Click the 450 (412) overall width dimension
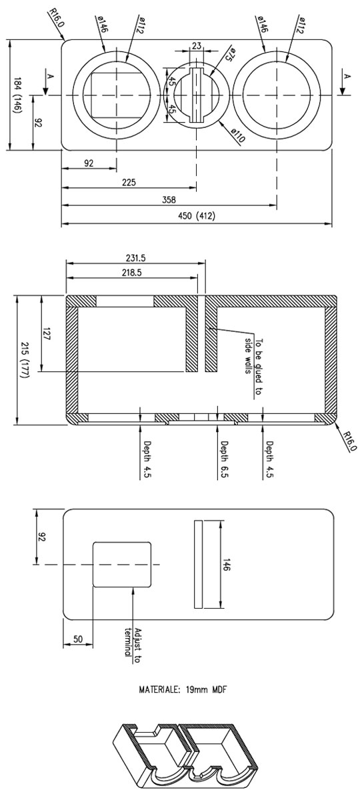196,216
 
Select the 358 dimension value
169,199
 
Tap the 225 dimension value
129,183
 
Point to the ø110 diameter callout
238,136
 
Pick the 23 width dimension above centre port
197,45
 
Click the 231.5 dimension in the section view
136,258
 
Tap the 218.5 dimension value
131,273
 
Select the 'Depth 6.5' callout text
223,459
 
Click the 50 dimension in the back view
78,639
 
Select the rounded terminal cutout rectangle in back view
122,564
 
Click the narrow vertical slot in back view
199,564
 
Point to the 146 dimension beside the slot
227,564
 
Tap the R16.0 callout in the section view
349,441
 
